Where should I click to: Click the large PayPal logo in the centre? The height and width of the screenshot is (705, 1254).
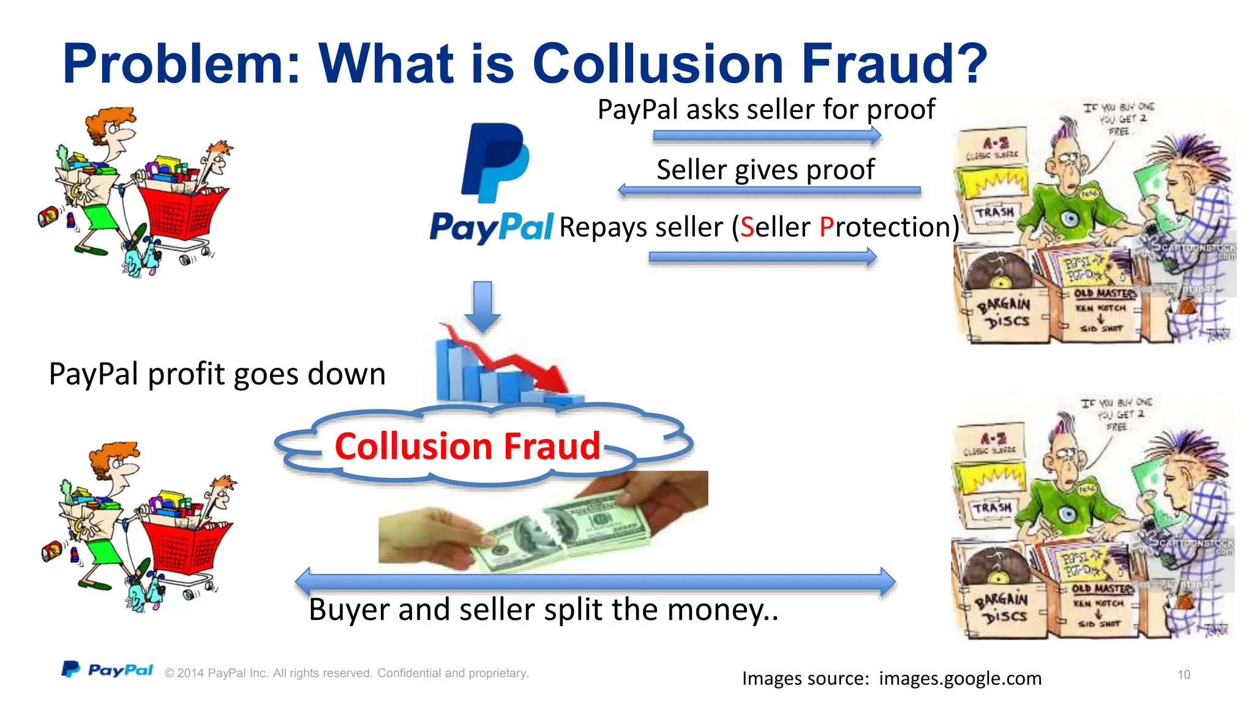click(494, 184)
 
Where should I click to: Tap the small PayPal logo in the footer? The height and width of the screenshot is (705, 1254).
click(108, 670)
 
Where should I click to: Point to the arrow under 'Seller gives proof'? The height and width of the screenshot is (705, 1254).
click(769, 190)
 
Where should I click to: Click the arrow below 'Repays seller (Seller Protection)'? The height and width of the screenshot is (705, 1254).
click(763, 257)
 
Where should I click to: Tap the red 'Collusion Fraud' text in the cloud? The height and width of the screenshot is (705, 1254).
click(468, 446)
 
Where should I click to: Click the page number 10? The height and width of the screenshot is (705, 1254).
click(1184, 674)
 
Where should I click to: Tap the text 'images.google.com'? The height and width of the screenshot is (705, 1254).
click(960, 678)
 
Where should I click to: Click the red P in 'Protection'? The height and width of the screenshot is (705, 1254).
click(827, 227)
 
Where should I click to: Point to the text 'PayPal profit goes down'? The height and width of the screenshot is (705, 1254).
click(217, 374)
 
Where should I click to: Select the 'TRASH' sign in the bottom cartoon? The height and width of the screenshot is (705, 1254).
click(993, 508)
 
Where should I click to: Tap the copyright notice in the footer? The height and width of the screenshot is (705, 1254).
click(347, 673)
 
